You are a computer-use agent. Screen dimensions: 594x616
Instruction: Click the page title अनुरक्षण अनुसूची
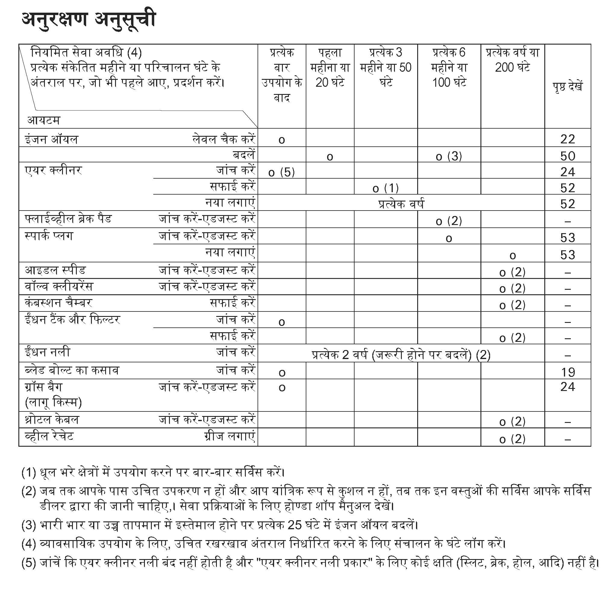[x=88, y=20]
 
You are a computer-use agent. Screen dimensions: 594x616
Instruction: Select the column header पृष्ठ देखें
[x=568, y=86]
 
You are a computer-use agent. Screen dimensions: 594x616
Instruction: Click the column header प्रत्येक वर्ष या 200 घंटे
[x=512, y=60]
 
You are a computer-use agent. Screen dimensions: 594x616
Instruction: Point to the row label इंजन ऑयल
[x=52, y=139]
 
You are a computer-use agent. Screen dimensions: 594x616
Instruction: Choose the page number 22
[x=568, y=139]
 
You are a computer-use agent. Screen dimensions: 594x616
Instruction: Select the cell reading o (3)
[x=449, y=156]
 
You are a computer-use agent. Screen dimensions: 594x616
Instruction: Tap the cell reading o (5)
[x=282, y=172]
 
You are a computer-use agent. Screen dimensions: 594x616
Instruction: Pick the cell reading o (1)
[x=386, y=188]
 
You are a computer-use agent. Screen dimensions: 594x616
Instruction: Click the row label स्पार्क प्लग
[x=49, y=236]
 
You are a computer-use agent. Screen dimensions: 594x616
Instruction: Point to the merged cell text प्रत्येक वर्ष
[x=401, y=204]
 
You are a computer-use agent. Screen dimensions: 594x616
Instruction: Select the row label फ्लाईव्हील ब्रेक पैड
[x=68, y=219]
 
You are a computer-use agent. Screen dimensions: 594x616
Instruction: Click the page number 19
[x=568, y=372]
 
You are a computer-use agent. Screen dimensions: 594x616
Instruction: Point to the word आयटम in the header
[x=43, y=120]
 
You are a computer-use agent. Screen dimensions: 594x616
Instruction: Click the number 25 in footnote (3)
[x=295, y=525]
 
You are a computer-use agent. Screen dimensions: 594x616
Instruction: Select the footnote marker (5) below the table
[x=29, y=563]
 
